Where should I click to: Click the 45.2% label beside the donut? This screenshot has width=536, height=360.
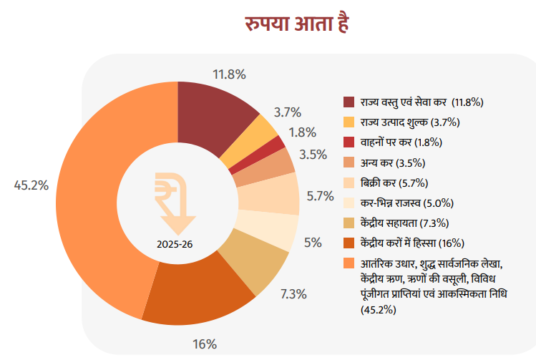31,185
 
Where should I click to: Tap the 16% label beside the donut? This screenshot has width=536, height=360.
204,344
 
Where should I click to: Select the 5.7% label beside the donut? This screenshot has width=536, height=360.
321,195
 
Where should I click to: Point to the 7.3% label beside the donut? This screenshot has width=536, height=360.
293,293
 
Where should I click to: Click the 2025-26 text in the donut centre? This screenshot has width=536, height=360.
175,243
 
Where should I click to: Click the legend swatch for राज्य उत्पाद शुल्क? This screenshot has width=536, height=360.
349,122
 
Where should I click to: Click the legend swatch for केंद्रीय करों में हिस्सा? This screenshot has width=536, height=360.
349,242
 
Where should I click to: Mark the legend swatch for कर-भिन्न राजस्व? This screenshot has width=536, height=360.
349,202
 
